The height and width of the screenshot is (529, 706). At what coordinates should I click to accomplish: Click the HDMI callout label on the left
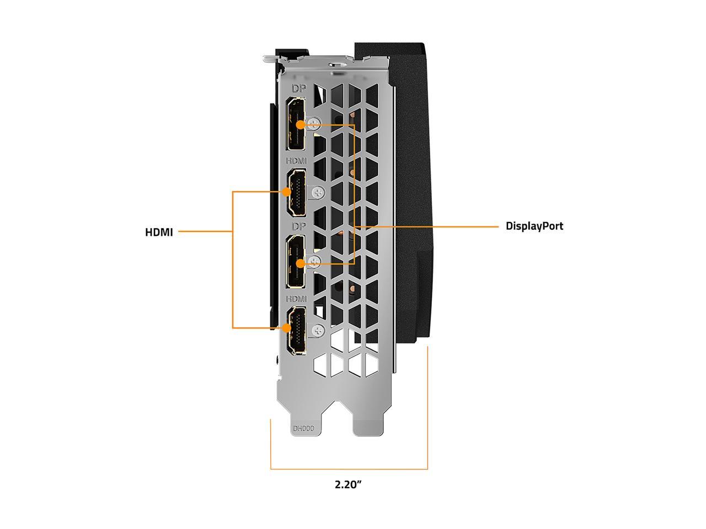(159, 233)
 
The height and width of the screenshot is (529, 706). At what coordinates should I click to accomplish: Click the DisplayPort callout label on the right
(534, 226)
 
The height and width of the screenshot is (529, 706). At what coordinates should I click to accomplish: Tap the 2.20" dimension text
(348, 485)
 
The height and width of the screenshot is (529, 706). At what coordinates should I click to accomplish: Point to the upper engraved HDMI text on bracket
(297, 160)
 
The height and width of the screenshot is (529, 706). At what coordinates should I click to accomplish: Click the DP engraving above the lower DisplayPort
(298, 227)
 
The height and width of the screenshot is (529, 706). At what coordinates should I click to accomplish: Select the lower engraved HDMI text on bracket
(297, 298)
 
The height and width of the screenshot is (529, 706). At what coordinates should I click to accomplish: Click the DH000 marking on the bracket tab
(303, 428)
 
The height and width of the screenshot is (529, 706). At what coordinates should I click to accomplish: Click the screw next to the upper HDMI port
(318, 193)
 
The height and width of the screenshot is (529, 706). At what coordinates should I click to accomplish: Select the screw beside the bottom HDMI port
(318, 331)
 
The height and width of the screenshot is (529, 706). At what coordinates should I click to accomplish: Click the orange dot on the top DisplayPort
(300, 125)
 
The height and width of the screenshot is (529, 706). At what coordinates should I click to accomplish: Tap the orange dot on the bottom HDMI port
(286, 328)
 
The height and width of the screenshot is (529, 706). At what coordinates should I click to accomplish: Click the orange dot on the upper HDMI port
(286, 192)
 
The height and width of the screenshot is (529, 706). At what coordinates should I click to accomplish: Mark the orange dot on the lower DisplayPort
(300, 263)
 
